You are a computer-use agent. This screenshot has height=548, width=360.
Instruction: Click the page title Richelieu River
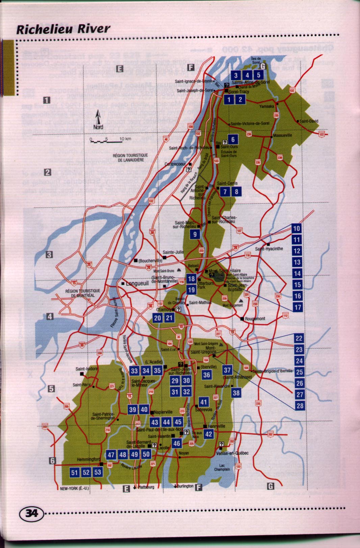point(63,29)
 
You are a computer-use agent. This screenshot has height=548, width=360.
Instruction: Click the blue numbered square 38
point(236,392)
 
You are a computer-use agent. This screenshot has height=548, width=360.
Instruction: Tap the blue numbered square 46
point(177,443)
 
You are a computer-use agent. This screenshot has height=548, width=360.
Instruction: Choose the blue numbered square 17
point(298,307)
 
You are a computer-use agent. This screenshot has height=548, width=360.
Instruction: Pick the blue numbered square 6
point(233,139)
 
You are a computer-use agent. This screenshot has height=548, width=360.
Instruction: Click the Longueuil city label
point(137,283)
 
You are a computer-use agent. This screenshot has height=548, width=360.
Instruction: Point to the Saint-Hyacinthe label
point(269,249)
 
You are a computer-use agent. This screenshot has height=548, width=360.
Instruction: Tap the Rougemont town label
point(255,319)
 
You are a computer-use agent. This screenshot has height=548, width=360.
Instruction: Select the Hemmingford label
point(88,459)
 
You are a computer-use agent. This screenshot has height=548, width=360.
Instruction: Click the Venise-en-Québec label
point(232,453)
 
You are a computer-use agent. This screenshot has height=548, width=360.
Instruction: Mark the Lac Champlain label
point(222,467)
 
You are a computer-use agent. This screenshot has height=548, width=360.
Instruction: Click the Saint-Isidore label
point(86,369)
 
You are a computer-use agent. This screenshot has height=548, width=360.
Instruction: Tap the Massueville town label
point(283,135)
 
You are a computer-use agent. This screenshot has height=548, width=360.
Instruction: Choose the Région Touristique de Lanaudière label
point(131,158)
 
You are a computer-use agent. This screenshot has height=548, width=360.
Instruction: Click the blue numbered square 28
point(300,406)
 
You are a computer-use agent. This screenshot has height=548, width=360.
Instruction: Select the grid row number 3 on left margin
point(49,254)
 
